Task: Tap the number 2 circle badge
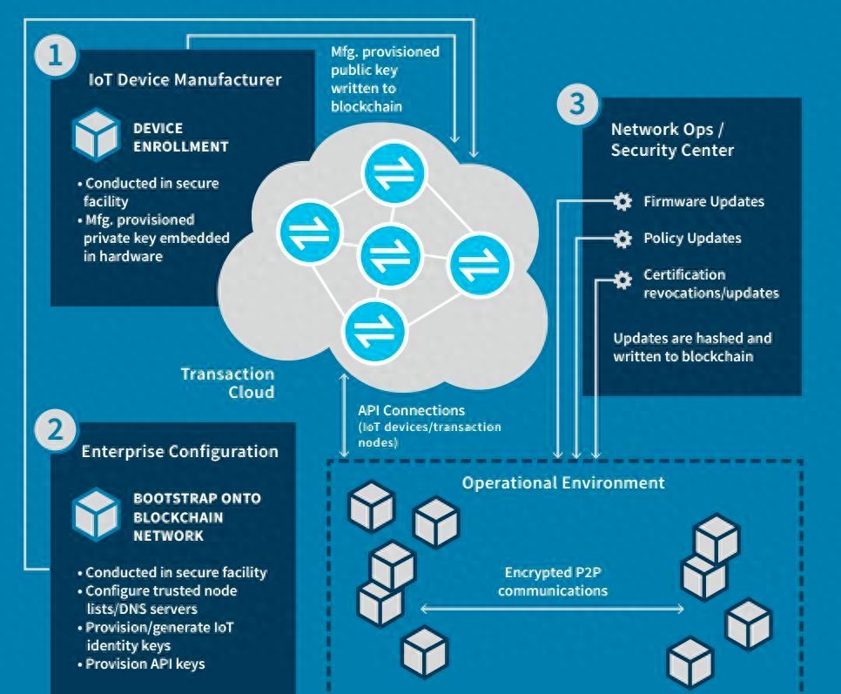click(x=56, y=432)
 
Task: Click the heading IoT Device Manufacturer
click(x=185, y=80)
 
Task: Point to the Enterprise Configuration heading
click(x=179, y=451)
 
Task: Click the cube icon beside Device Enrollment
click(x=96, y=138)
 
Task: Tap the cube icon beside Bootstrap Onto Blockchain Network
click(x=96, y=515)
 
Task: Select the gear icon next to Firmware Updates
click(x=622, y=202)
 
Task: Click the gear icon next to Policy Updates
click(x=622, y=239)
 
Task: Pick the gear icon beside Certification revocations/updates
click(x=622, y=280)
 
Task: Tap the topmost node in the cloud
click(x=395, y=173)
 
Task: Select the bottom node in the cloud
click(x=375, y=332)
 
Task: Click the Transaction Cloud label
click(x=227, y=382)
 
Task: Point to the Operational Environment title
click(x=563, y=482)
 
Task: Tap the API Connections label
click(x=412, y=410)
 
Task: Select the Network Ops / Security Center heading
click(x=672, y=139)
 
